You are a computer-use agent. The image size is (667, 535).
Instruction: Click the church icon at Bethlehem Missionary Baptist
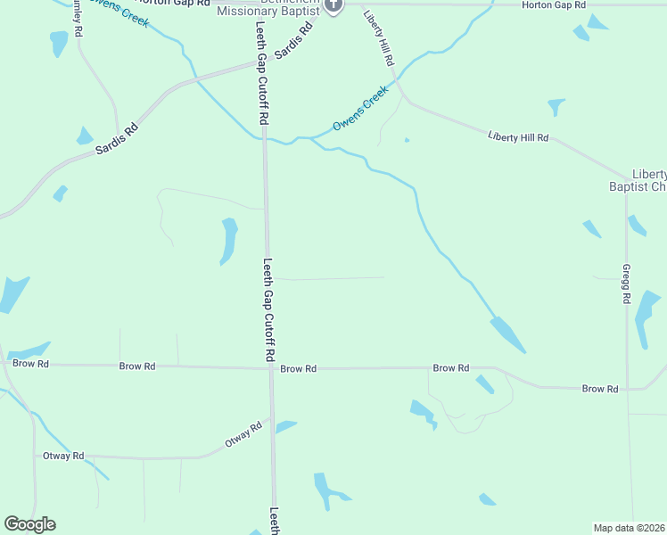tap(333, 5)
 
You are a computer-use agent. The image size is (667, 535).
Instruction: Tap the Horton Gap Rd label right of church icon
tap(554, 5)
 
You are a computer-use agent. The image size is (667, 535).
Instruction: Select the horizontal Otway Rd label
tap(63, 456)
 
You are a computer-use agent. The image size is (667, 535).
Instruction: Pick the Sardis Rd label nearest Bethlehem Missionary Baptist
tap(294, 41)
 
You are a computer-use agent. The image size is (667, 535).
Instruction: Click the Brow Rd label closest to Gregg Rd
tap(600, 389)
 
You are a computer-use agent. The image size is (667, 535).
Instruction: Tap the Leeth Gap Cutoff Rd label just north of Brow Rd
tap(268, 309)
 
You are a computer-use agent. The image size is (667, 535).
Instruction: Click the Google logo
tap(29, 524)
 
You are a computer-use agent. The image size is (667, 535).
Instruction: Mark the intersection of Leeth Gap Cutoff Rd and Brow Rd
tap(270, 367)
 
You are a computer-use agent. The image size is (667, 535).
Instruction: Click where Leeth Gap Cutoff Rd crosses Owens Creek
tap(265, 139)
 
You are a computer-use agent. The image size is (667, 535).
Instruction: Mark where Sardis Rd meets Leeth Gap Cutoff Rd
tap(264, 63)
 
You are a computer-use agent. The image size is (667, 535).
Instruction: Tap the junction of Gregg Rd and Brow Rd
tap(628, 389)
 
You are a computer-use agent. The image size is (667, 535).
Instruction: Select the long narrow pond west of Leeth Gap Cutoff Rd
tap(228, 241)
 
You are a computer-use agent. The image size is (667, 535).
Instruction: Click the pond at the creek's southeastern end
tap(508, 335)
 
